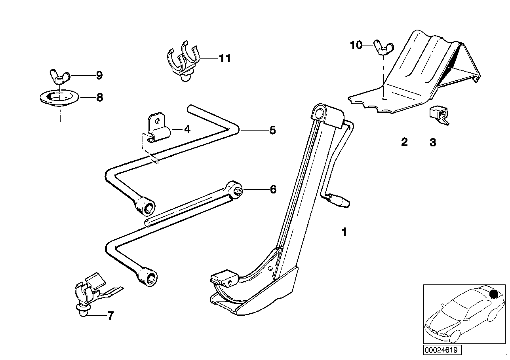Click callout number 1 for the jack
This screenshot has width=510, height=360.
[344, 232]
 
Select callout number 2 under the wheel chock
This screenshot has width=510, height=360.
[404, 142]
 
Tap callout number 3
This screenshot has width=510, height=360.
[433, 142]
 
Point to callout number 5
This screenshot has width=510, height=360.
[272, 130]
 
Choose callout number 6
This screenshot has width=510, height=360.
[272, 189]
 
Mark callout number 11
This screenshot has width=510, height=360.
[225, 59]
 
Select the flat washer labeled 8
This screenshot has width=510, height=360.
[59, 97]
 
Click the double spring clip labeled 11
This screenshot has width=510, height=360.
[183, 61]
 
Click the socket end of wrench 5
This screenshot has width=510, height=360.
[147, 206]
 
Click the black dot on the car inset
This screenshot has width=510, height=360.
[493, 294]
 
